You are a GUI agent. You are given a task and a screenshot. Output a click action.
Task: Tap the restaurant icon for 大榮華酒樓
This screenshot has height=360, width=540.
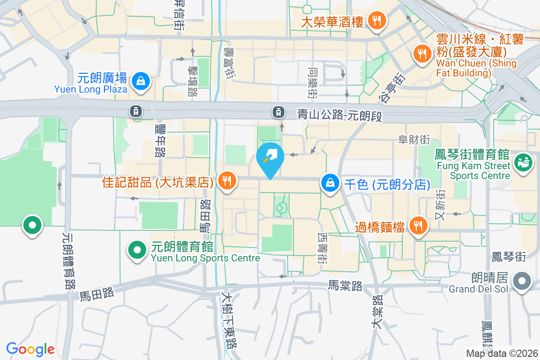(374, 20)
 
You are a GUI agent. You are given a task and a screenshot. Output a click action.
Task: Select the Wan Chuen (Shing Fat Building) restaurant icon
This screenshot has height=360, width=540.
(421, 54)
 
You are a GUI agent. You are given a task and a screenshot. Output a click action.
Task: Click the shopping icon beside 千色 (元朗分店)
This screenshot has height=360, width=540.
(330, 183)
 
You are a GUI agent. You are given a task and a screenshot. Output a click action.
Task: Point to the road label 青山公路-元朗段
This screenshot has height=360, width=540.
(339, 116)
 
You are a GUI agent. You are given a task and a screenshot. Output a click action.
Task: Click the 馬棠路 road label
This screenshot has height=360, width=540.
(345, 285)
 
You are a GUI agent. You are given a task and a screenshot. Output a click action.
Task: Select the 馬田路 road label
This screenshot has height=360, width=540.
(97, 294)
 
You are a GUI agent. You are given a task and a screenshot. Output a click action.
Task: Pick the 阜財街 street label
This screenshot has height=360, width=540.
(414, 140)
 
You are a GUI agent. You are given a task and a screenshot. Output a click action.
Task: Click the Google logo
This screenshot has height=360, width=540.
(30, 349)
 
